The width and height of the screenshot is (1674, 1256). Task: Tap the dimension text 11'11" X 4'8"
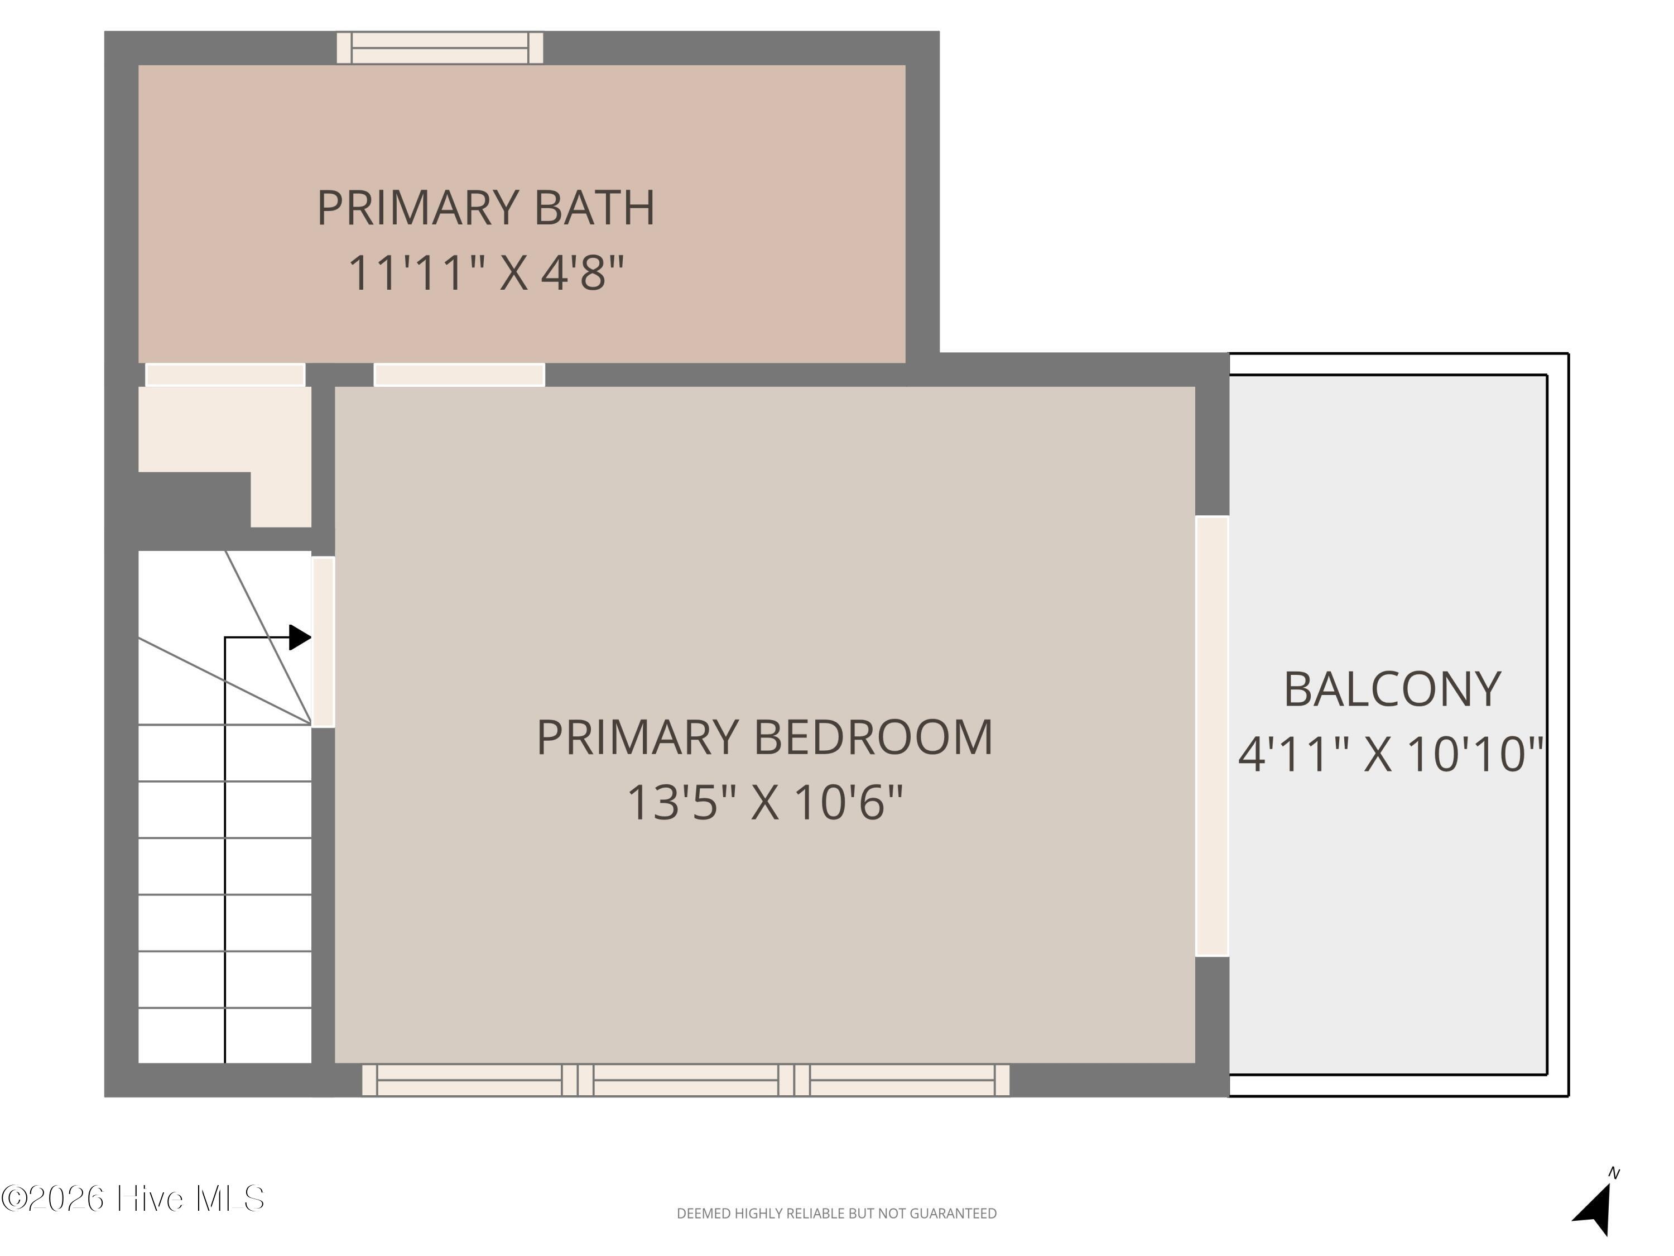click(x=486, y=272)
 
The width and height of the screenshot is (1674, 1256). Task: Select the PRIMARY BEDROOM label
click(x=764, y=737)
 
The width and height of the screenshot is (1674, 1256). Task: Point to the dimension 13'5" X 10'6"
click(x=765, y=803)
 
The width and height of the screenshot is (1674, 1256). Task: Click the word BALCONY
click(x=1392, y=690)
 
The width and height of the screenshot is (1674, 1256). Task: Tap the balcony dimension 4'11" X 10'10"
click(x=1391, y=754)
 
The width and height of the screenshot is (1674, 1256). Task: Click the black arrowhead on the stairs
click(x=300, y=637)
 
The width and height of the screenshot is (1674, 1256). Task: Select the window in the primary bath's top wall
click(x=440, y=47)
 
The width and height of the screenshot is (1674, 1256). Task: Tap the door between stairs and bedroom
click(x=323, y=642)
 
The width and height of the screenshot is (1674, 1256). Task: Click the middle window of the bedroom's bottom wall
click(x=686, y=1080)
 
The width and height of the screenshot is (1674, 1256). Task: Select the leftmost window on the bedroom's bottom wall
click(x=470, y=1080)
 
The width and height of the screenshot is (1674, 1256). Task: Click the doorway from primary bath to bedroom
click(x=459, y=375)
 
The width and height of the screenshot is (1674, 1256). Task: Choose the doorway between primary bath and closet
click(x=225, y=375)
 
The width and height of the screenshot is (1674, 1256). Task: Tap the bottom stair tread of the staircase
click(x=225, y=1035)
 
